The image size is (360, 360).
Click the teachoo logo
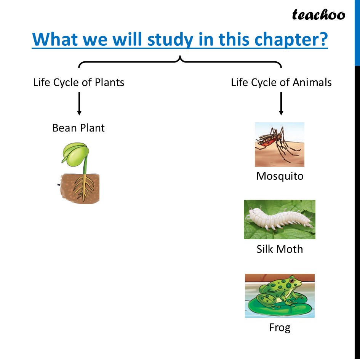click(318, 15)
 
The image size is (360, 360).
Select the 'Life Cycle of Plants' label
click(78, 82)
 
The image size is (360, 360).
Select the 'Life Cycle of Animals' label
click(281, 82)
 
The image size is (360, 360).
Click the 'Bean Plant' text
click(78, 128)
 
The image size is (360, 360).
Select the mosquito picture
click(279, 144)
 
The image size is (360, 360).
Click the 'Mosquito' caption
click(280, 176)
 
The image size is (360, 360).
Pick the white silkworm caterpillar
click(278, 219)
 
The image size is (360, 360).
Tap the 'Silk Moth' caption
click(280, 249)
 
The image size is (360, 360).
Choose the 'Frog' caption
click(280, 328)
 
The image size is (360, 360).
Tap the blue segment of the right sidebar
click(357, 32)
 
